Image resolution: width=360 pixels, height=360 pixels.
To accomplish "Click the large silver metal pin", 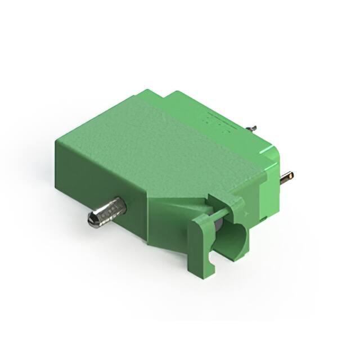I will coord(107,212).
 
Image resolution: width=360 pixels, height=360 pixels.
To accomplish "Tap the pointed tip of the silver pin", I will coord(91,220).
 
